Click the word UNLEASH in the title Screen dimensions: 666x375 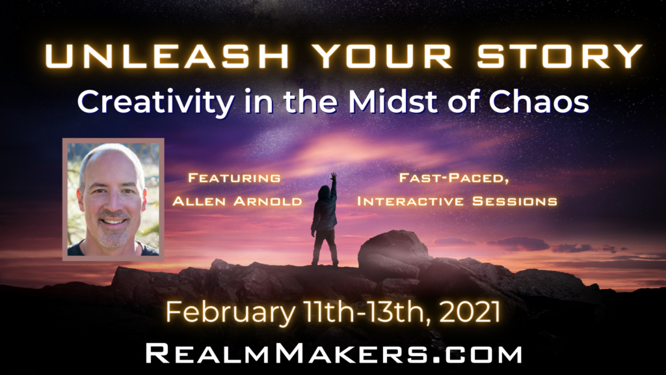pos(167,56)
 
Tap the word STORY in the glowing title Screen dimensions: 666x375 pos(560,56)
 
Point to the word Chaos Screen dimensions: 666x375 pos(539,102)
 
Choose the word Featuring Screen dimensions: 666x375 pos(234,178)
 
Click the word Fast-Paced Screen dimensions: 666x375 pos(454,178)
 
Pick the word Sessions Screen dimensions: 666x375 pos(515,201)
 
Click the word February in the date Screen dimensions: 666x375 pos(230,312)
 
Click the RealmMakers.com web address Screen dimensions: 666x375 pos(334,354)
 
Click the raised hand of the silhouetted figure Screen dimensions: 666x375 pos(334,175)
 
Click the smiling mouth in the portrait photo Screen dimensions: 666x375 pos(113,221)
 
